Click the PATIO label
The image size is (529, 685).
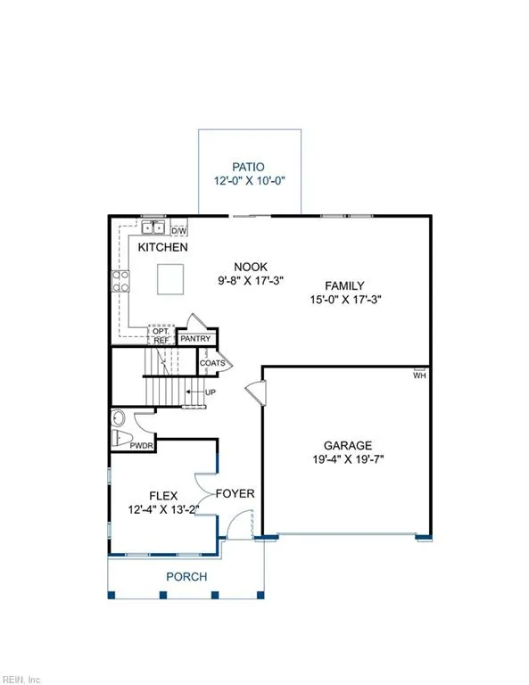(x=249, y=166)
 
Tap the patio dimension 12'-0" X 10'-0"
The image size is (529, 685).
(x=249, y=180)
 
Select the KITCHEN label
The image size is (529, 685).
(x=162, y=247)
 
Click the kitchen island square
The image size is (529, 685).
(x=172, y=279)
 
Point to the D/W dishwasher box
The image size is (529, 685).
(x=178, y=228)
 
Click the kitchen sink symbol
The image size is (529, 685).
(x=153, y=228)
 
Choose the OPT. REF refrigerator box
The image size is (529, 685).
(x=161, y=335)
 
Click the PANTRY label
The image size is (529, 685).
(x=195, y=339)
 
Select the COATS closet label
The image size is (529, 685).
(x=211, y=363)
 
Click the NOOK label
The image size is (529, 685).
(x=251, y=266)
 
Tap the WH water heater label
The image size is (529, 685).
(x=418, y=376)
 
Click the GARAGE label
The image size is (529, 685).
(x=347, y=446)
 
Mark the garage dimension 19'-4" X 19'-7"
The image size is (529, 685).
(x=347, y=460)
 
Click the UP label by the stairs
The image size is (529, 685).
(x=211, y=392)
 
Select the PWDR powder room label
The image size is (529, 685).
(x=143, y=444)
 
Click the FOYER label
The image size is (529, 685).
(x=236, y=493)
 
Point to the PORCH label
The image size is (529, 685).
(x=186, y=577)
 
